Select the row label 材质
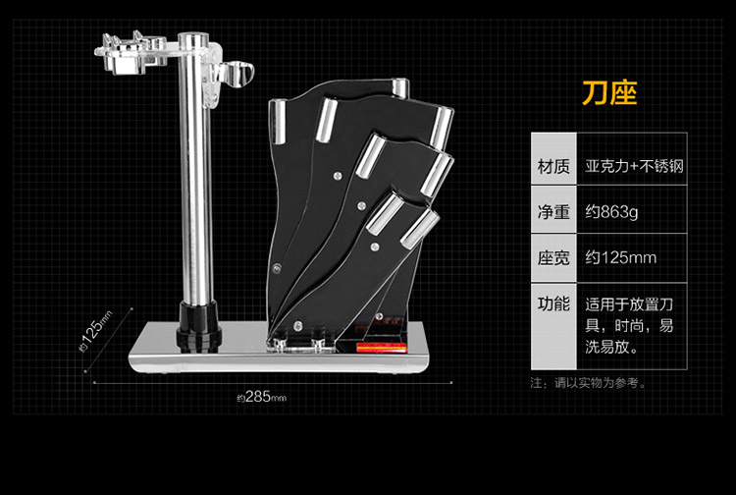pyautogui.click(x=550, y=164)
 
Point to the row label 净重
pyautogui.click(x=550, y=211)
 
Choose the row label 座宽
pyautogui.click(x=550, y=258)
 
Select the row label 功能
pyautogui.click(x=550, y=303)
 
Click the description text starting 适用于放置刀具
pyautogui.click(x=628, y=325)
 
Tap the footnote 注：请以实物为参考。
pyautogui.click(x=588, y=383)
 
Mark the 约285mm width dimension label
pyautogui.click(x=259, y=397)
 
